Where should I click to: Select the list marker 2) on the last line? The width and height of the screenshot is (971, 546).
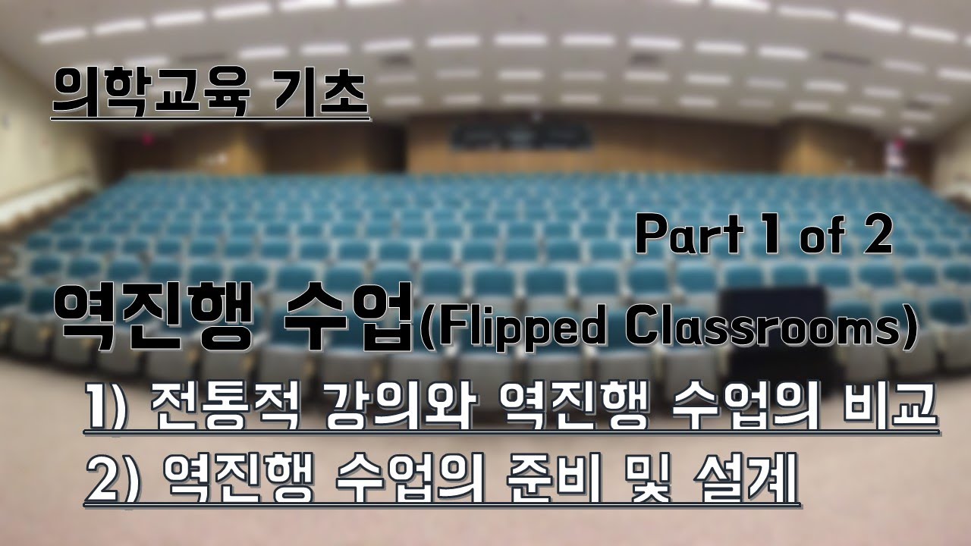114,478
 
